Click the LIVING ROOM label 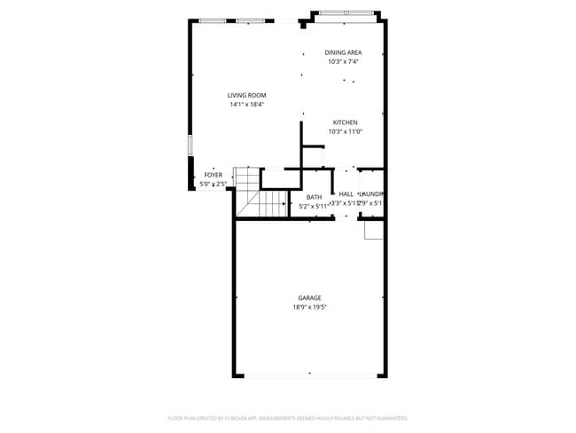coord(246,96)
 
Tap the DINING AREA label coord(342,52)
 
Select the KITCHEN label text coord(345,122)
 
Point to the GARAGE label coord(309,298)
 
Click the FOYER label coord(214,175)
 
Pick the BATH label coord(314,197)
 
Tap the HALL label coord(346,193)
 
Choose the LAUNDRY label coord(371,193)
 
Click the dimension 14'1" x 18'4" coord(246,105)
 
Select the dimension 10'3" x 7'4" coord(342,61)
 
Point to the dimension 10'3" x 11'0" coord(345,131)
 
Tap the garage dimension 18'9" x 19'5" coord(309,307)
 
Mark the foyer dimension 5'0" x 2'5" coord(214,184)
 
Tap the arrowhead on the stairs coord(284,203)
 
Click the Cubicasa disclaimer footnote coord(287,417)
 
